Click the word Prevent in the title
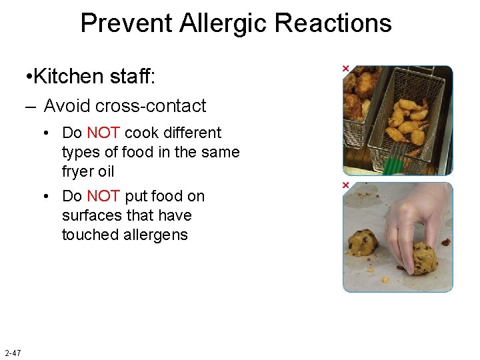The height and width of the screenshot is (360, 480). tap(126, 23)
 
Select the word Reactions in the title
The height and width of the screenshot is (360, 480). tap(333, 23)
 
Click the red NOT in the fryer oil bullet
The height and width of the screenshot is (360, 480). tap(103, 133)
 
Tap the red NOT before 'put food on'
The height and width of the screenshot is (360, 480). tap(103, 197)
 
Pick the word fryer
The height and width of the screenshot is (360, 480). tap(79, 172)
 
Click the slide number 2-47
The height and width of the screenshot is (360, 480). tap(13, 352)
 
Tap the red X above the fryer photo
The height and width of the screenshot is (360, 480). tap(345, 69)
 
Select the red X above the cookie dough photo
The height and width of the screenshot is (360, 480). tap(345, 185)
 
